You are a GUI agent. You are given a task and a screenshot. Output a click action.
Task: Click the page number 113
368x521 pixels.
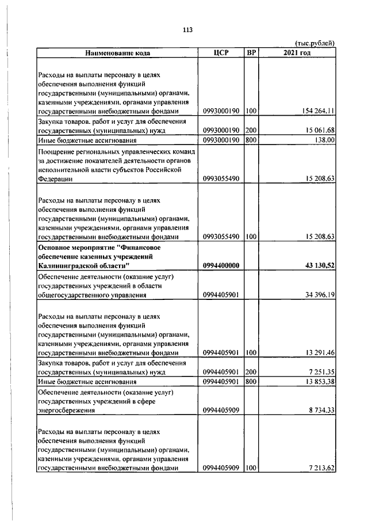(x=187, y=30)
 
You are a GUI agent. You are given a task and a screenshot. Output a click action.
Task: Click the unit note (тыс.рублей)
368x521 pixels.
(x=315, y=43)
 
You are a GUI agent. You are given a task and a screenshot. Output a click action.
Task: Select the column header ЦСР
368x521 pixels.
(x=221, y=53)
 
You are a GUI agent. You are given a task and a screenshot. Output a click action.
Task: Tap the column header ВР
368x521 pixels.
(x=251, y=53)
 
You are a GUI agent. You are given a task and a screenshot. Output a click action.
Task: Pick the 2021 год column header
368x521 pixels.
(x=297, y=53)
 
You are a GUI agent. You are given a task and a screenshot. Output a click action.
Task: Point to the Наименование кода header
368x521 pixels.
(x=118, y=53)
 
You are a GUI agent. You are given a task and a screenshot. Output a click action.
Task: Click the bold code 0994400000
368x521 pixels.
(x=221, y=265)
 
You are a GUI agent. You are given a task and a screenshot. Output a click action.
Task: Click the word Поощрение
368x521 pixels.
(x=57, y=151)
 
